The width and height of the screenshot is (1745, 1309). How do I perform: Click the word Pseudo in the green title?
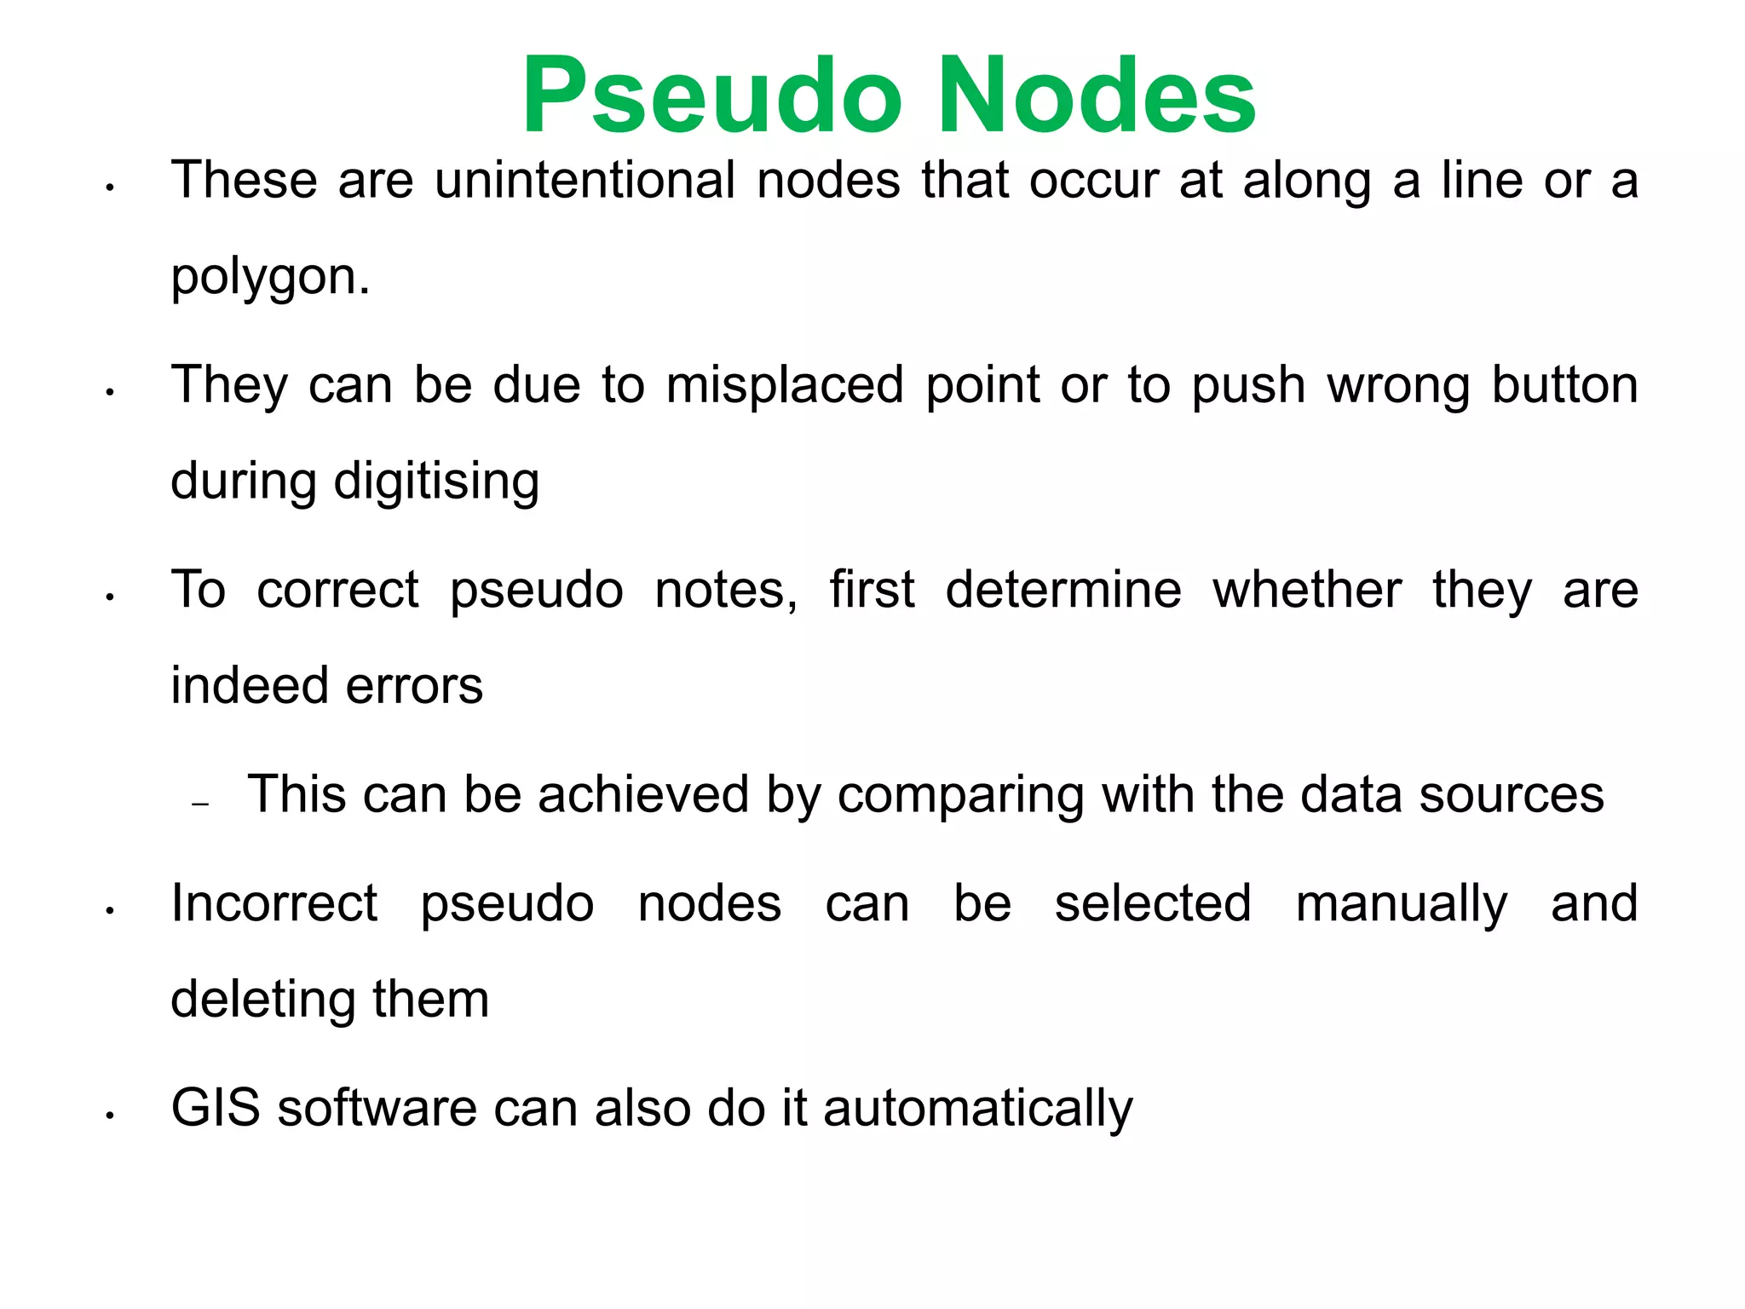click(x=711, y=95)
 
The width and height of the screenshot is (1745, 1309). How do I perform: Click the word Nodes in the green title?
click(x=1097, y=95)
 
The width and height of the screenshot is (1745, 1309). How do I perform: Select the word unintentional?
click(x=585, y=181)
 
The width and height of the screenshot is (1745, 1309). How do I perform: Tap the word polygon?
click(x=270, y=278)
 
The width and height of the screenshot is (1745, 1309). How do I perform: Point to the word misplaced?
click(x=785, y=385)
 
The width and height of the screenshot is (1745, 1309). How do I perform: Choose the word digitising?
click(x=436, y=482)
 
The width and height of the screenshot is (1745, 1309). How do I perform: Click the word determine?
click(x=1063, y=590)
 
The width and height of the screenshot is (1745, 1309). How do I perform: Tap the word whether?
click(x=1307, y=590)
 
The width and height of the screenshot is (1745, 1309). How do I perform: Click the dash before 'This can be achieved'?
click(x=201, y=804)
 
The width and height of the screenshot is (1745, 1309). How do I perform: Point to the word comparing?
click(x=960, y=796)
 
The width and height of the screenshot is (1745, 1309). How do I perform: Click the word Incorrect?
click(x=274, y=903)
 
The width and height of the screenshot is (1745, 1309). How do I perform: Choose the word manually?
click(x=1401, y=905)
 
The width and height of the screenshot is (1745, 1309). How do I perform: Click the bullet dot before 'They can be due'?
click(x=110, y=393)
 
